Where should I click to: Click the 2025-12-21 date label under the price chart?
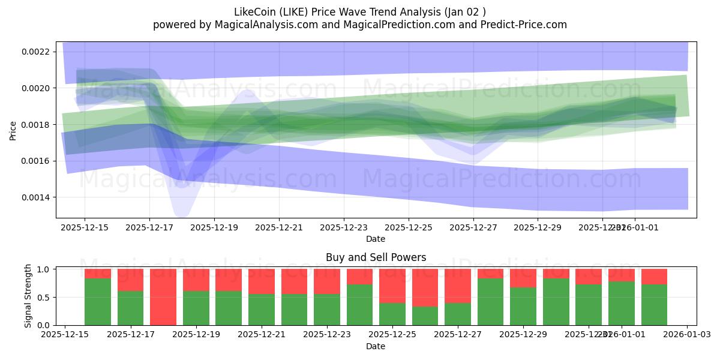(x=278, y=228)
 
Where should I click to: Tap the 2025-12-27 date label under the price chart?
(x=473, y=228)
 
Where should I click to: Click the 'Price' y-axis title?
(x=13, y=130)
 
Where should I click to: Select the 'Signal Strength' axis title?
(x=28, y=296)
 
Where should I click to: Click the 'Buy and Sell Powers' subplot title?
(x=376, y=257)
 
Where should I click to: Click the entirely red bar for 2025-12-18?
(x=163, y=297)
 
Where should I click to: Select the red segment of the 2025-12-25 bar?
(x=392, y=286)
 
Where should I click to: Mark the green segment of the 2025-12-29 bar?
(x=523, y=306)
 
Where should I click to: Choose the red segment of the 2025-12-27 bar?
(x=457, y=286)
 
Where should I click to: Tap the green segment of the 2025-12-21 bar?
(x=262, y=310)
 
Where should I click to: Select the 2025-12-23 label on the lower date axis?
(x=327, y=335)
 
